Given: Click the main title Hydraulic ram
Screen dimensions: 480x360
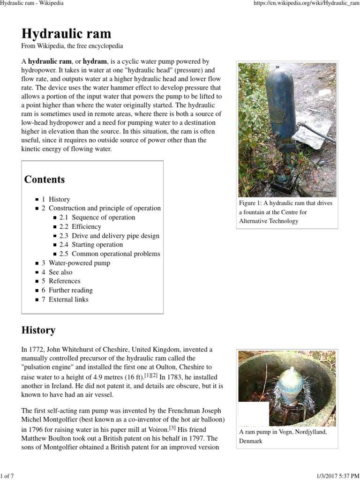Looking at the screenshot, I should [x=66, y=34].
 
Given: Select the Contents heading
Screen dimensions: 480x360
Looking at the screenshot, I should [x=45, y=180].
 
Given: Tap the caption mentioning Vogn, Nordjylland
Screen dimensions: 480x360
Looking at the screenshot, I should [x=286, y=436].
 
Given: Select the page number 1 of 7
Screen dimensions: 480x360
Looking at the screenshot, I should [x=7, y=476].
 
